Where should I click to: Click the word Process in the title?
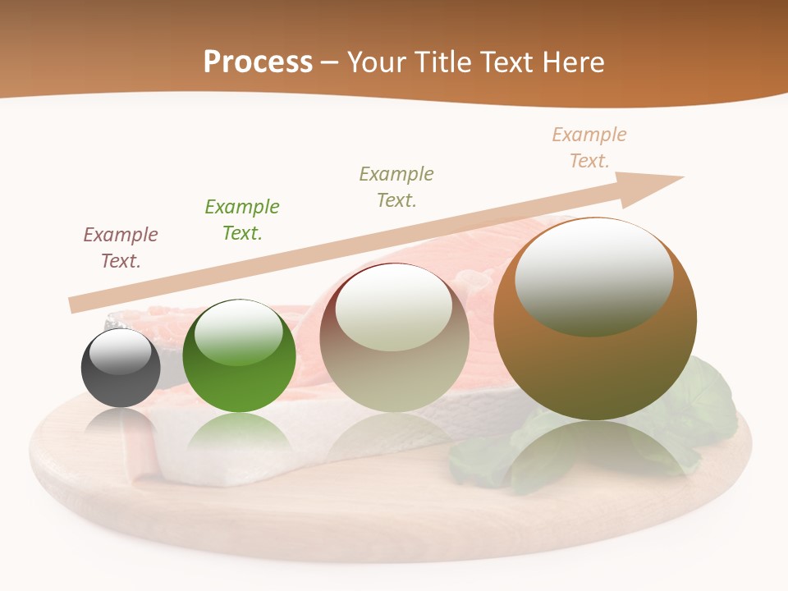[258, 62]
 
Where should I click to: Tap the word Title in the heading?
[445, 62]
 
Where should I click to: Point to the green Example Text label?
[242, 220]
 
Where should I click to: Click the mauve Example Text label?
[121, 248]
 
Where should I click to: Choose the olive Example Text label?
[396, 187]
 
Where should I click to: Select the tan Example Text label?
[589, 148]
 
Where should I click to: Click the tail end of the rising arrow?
[76, 304]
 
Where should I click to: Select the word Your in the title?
[374, 62]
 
